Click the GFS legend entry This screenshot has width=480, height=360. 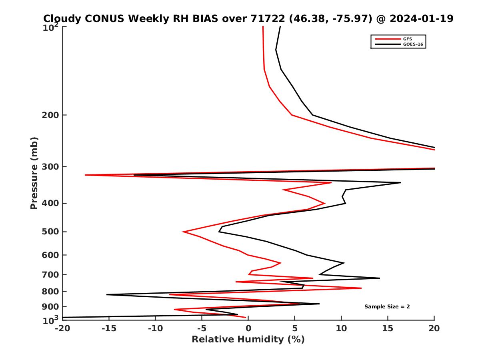pyautogui.click(x=408, y=39)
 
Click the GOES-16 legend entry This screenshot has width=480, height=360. pyautogui.click(x=412, y=44)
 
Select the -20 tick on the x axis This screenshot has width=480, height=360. pyautogui.click(x=62, y=328)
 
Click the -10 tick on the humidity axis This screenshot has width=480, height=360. pyautogui.click(x=155, y=328)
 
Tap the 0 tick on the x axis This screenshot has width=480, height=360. pyautogui.click(x=248, y=328)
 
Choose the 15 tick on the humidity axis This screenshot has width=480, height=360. pyautogui.click(x=388, y=328)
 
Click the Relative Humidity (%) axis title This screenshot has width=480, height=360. pyautogui.click(x=248, y=340)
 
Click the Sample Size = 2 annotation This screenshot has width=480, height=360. pyautogui.click(x=387, y=307)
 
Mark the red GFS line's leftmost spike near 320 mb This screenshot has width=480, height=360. pyautogui.click(x=85, y=175)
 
